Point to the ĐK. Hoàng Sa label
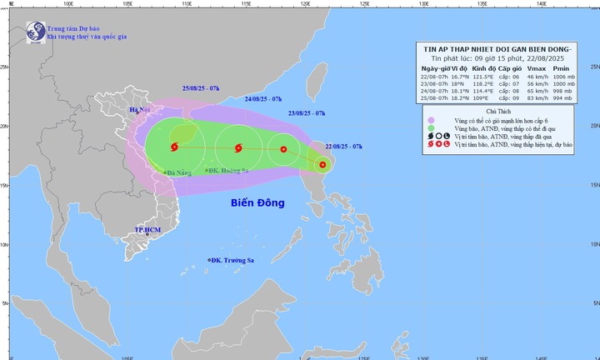tap(231, 171)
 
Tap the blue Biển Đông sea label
tap(258, 202)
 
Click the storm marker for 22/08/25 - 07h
tap(322, 165)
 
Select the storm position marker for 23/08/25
tap(284, 150)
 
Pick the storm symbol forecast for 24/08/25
tap(239, 149)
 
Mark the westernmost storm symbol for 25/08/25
tap(174, 148)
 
